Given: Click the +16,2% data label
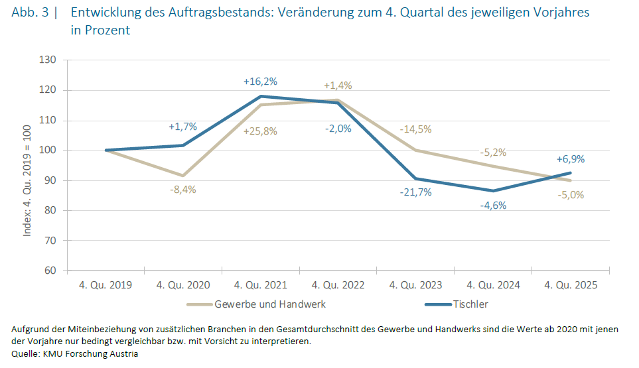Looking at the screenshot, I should (260, 82).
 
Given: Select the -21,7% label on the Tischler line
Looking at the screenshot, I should (415, 192).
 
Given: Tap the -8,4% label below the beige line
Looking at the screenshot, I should (182, 190).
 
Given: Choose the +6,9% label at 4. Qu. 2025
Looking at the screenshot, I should (571, 159).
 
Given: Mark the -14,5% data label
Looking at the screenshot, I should (415, 129).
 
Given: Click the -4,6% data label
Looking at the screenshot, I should (493, 205).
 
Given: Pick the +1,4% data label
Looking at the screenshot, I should (338, 86).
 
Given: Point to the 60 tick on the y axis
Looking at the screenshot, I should (51, 271).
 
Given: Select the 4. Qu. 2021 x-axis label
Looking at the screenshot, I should (260, 285).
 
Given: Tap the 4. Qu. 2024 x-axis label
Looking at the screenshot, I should (493, 285).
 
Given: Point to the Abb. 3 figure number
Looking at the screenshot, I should (29, 13).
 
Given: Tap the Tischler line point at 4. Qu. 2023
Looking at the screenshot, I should (415, 178).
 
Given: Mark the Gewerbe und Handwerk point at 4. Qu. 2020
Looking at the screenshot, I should (182, 176).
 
